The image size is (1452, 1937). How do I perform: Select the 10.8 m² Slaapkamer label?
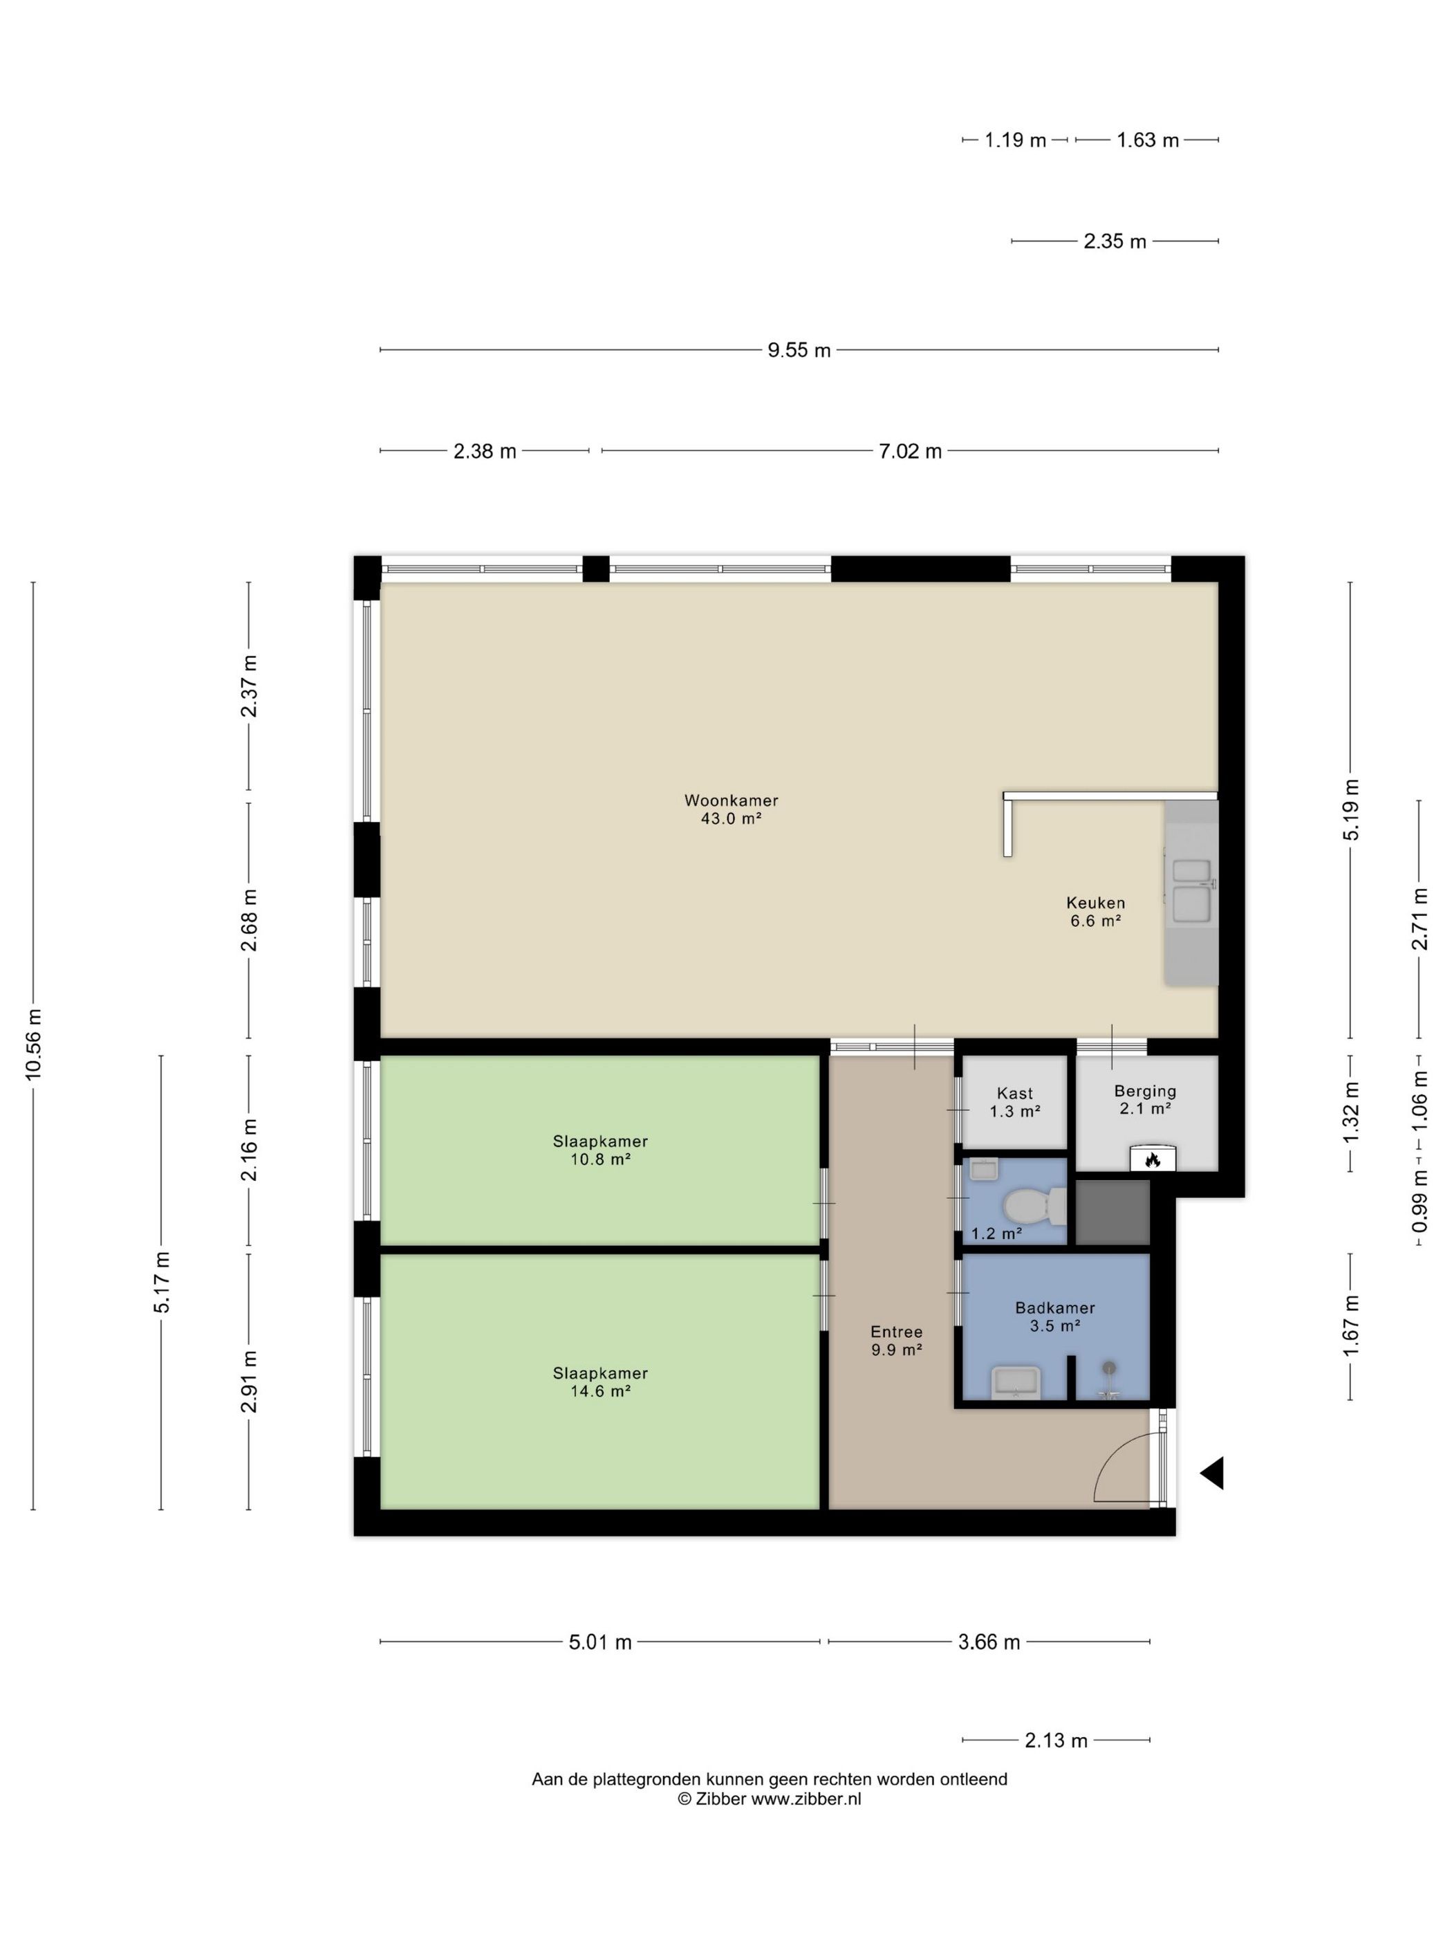pos(599,1150)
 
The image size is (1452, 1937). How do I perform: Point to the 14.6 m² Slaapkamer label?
pos(599,1381)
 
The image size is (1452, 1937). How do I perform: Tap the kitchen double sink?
pos(1191,890)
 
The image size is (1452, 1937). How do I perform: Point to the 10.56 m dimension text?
pos(34,1044)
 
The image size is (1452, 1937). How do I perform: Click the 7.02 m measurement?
pos(910,451)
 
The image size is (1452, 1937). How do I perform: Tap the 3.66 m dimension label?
pos(989,1642)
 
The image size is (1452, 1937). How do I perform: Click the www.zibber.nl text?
pos(806,1799)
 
